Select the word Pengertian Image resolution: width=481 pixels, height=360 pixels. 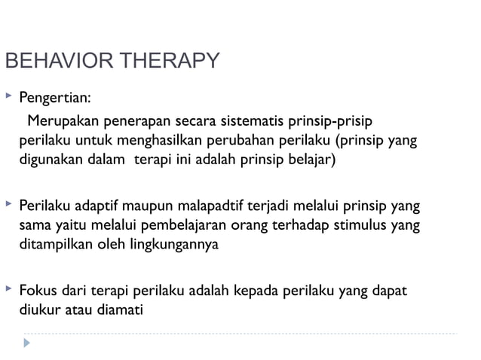[x=55, y=98]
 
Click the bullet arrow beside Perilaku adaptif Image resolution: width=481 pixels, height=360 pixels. [x=8, y=203]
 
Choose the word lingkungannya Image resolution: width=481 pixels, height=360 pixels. [x=174, y=243]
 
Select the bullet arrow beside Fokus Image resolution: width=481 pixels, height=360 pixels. [x=8, y=288]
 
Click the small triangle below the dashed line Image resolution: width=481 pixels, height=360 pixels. [x=28, y=343]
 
